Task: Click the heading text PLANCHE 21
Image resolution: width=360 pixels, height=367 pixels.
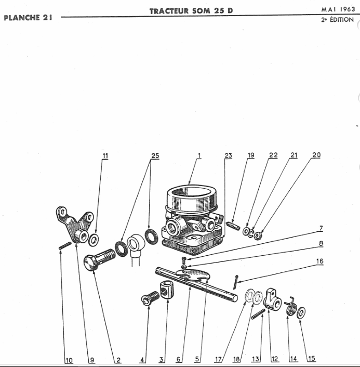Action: point(28,17)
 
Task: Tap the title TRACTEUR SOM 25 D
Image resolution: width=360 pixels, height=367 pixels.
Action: point(191,10)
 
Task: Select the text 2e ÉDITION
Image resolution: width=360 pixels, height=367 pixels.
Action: point(338,20)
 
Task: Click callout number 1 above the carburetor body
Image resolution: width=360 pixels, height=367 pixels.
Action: point(198,155)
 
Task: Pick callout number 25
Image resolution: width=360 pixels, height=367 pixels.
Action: point(154,155)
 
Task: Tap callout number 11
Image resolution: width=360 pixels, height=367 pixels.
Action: point(105,155)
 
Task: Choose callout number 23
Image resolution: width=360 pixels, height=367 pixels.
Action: point(228,155)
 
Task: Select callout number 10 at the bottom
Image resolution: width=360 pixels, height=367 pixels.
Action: point(69,359)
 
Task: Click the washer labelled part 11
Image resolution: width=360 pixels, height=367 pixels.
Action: point(95,240)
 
